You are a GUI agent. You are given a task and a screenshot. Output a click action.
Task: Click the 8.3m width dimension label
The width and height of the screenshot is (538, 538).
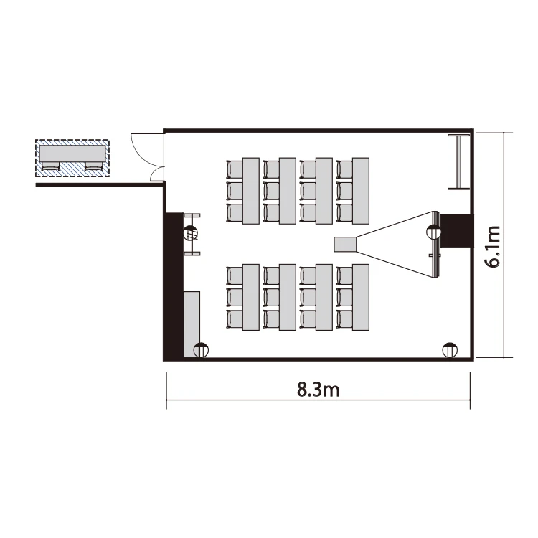coord(318,390)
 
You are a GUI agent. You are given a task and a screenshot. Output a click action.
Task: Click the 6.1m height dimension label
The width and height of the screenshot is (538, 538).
coord(492,246)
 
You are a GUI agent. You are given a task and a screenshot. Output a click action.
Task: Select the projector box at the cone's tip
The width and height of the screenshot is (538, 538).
coord(346,245)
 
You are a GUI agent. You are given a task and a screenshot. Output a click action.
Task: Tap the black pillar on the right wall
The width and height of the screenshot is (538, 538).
coord(457,230)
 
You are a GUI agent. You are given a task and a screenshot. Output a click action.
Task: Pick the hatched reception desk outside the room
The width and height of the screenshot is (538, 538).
coord(72,158)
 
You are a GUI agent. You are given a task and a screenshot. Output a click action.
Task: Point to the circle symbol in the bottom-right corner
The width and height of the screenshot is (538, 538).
coord(450,350)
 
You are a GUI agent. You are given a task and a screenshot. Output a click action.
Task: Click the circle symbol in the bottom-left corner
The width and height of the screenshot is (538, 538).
coord(201,350)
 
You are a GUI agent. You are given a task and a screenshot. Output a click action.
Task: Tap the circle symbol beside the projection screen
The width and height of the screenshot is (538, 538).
coord(433,232)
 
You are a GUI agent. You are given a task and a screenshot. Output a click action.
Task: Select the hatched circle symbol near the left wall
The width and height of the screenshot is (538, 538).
coord(191,233)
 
